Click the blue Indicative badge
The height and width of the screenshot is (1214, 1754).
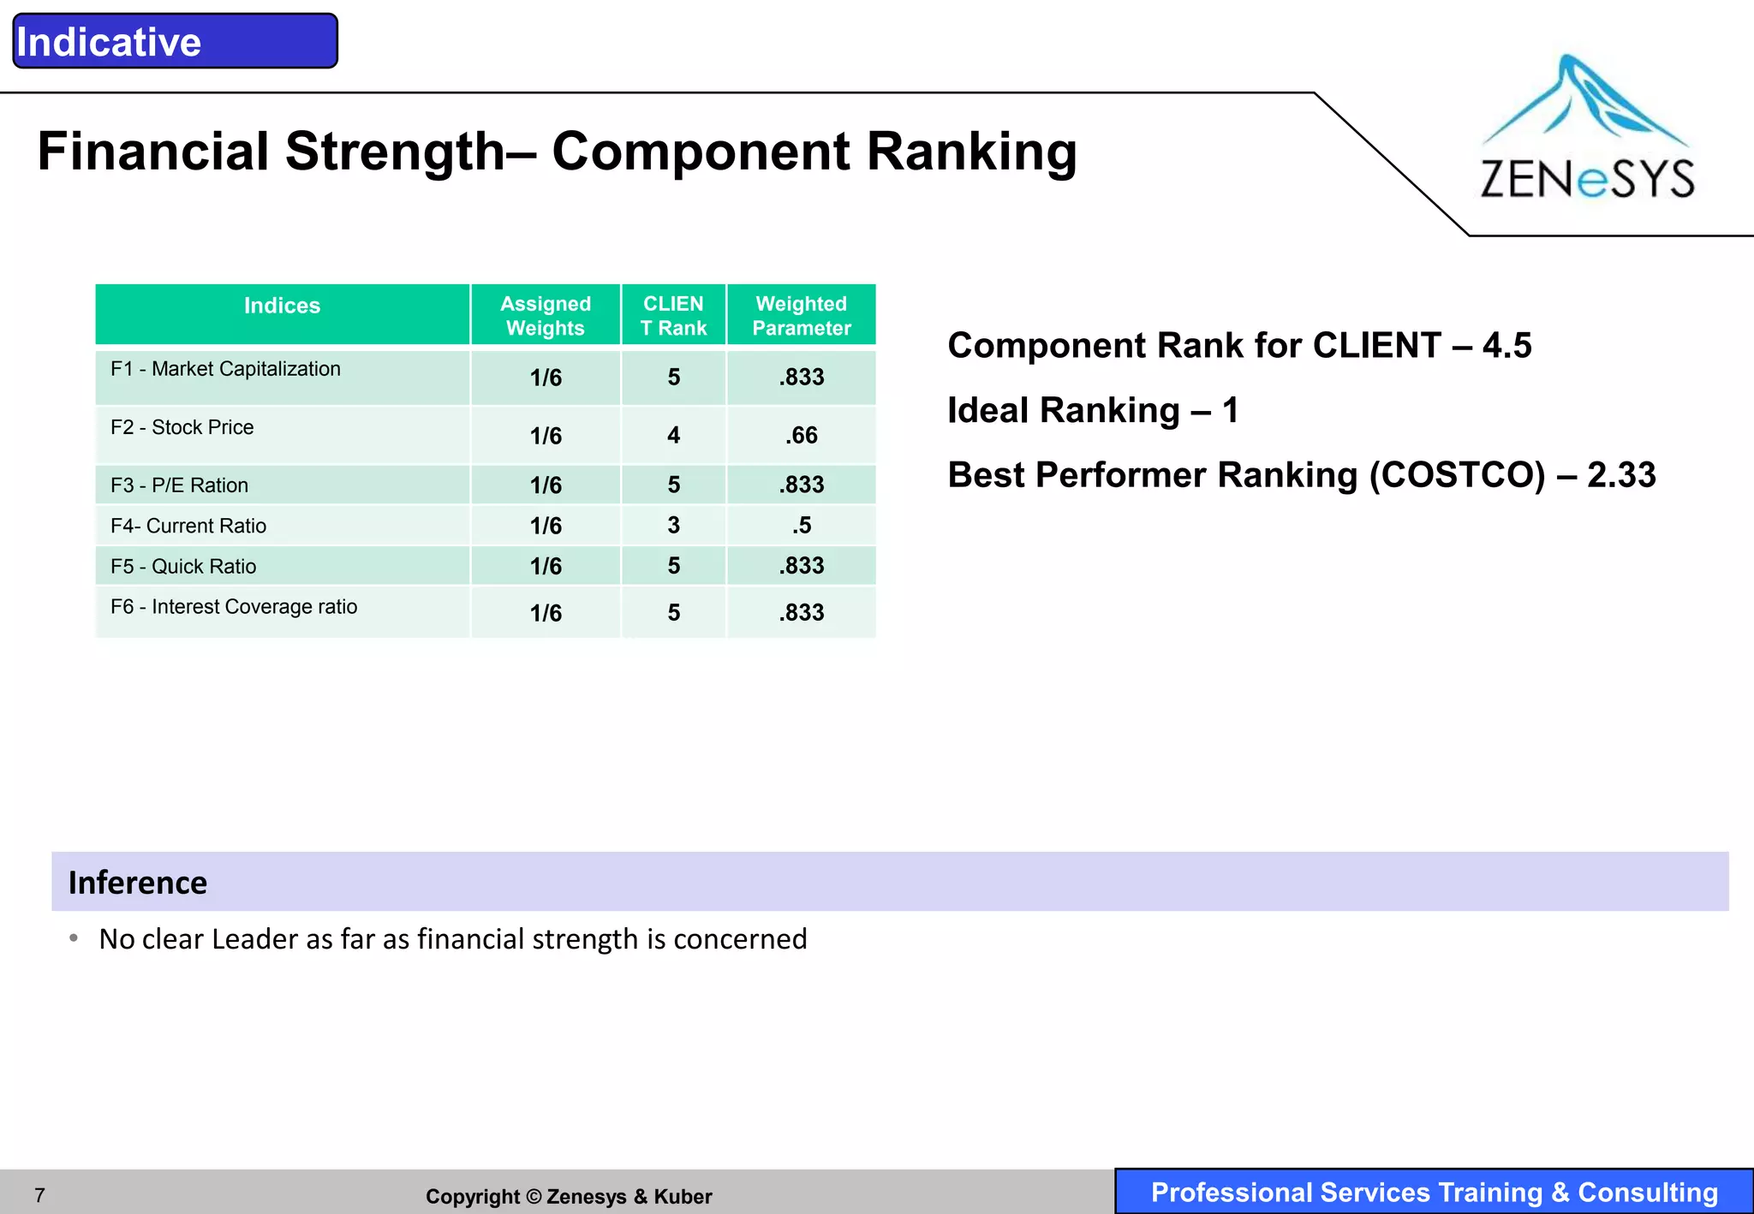(175, 41)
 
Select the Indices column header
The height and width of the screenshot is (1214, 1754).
(282, 306)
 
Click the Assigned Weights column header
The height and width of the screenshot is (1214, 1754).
(546, 316)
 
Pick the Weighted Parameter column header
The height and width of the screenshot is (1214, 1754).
(801, 316)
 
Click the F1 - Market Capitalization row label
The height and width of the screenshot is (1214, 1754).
(225, 369)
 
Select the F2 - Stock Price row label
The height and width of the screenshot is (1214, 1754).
(182, 427)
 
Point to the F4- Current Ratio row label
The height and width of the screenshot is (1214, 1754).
(188, 526)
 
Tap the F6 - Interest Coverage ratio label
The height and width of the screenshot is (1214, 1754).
(234, 607)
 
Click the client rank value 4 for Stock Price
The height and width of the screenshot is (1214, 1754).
(674, 436)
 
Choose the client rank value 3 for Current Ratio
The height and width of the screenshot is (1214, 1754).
(674, 526)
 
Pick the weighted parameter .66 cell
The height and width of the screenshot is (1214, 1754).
(802, 436)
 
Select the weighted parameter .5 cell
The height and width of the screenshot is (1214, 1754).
(802, 526)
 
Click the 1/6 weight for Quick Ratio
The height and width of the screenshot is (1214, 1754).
(546, 567)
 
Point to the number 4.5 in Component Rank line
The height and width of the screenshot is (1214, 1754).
(1506, 346)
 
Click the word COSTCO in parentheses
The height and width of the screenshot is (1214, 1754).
(1457, 475)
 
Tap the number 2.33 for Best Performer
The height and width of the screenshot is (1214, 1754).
(1621, 475)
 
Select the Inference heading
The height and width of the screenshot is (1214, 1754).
(138, 883)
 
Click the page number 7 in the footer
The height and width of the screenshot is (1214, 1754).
(39, 1195)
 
